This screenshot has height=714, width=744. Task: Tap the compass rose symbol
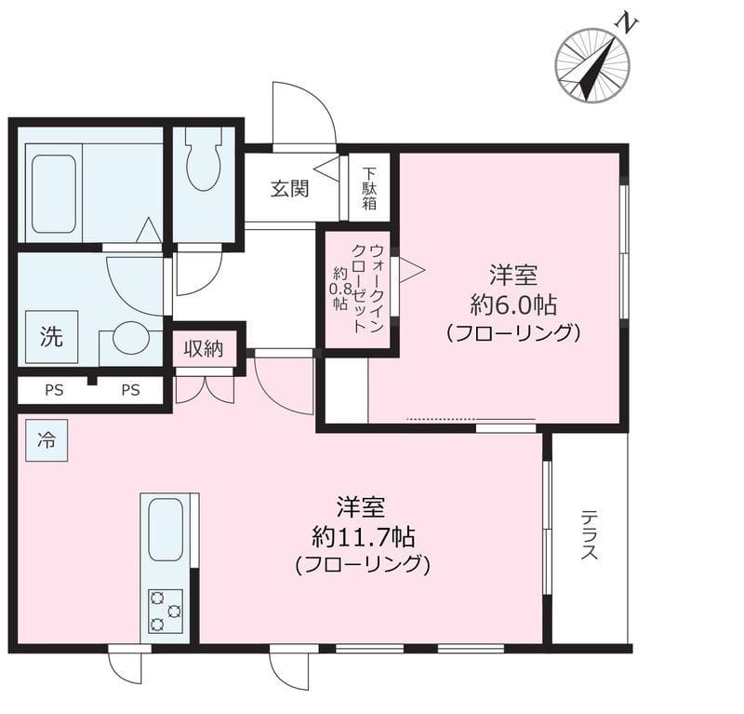click(592, 65)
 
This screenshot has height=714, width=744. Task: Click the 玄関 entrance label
click(290, 189)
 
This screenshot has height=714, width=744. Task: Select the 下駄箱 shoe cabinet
click(369, 187)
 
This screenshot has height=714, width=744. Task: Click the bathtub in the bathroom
click(54, 194)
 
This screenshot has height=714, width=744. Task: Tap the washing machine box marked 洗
click(51, 337)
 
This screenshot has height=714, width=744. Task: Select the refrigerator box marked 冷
click(46, 440)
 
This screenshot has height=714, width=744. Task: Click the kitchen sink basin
click(166, 530)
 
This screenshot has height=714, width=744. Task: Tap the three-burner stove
click(166, 611)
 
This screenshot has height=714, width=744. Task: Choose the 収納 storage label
click(204, 349)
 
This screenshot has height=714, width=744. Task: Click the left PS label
click(54, 390)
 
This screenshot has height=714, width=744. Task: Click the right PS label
click(130, 390)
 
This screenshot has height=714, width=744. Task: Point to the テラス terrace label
click(590, 535)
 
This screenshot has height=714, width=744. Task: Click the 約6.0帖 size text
click(513, 304)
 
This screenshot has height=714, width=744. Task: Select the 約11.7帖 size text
click(364, 537)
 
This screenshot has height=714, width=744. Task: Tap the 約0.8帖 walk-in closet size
click(340, 289)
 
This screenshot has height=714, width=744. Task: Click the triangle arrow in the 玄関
click(326, 168)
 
